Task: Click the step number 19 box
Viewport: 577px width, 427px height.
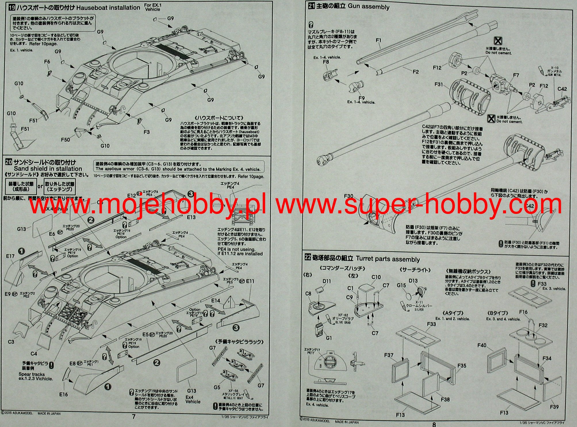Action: pyautogui.click(x=12, y=8)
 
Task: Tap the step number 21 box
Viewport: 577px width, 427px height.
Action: pyautogui.click(x=311, y=6)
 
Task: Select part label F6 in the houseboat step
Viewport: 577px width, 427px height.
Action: pyautogui.click(x=47, y=62)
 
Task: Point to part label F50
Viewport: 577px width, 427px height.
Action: pyautogui.click(x=65, y=140)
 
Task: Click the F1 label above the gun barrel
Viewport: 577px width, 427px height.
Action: pyautogui.click(x=378, y=41)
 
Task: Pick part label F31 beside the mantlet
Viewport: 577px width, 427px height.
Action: pyautogui.click(x=439, y=84)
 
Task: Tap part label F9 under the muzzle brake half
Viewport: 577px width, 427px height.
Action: pyautogui.click(x=361, y=98)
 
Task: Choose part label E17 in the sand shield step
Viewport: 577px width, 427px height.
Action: pyautogui.click(x=10, y=256)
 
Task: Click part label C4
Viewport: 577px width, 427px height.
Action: pyautogui.click(x=34, y=354)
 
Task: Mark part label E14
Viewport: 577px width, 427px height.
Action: pyautogui.click(x=216, y=300)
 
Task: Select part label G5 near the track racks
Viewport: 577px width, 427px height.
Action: pyautogui.click(x=217, y=387)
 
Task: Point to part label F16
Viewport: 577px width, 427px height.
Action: pyautogui.click(x=523, y=312)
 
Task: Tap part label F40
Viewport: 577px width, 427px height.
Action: pyautogui.click(x=482, y=345)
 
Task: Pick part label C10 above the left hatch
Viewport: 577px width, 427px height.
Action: pyautogui.click(x=376, y=277)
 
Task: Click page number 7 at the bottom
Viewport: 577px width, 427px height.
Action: pyautogui.click(x=133, y=417)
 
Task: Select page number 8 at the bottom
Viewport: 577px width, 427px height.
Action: pyautogui.click(x=434, y=424)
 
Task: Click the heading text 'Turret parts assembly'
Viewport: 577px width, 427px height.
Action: pyautogui.click(x=388, y=259)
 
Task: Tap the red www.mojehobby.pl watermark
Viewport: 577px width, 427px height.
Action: pyautogui.click(x=147, y=205)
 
